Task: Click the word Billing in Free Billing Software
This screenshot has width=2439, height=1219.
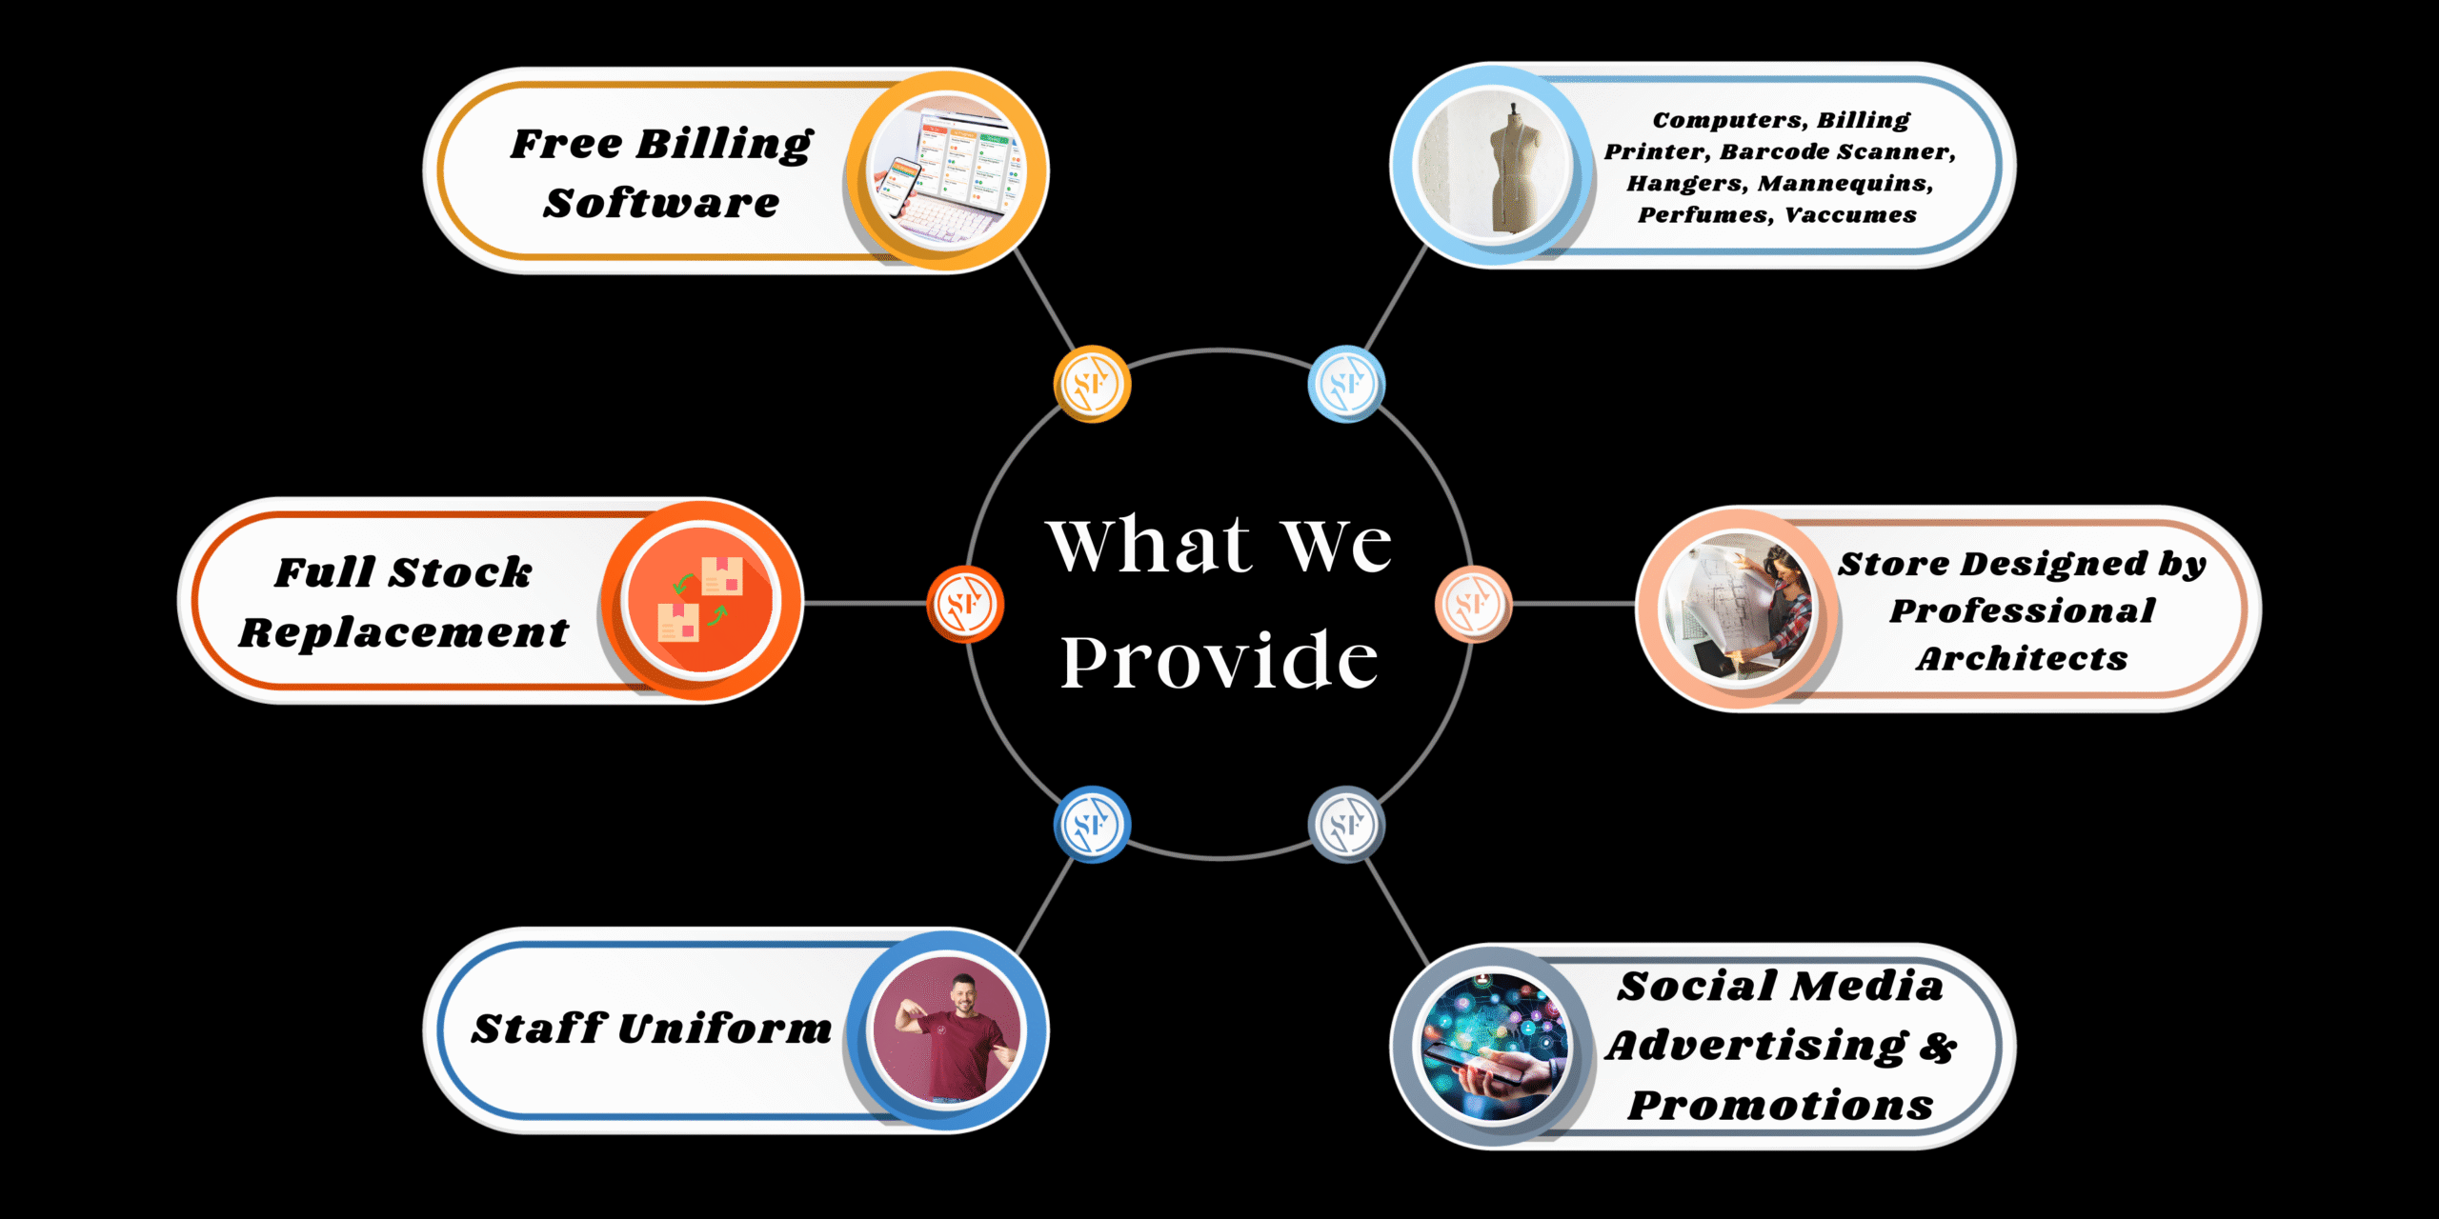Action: tap(724, 145)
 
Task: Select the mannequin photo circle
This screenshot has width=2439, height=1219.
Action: tap(1492, 164)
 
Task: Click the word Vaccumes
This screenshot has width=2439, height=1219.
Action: tap(1850, 215)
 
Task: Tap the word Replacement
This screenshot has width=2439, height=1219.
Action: tap(404, 632)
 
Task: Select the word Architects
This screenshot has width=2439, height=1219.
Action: tap(2022, 658)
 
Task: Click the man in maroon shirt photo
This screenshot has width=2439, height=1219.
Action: tap(947, 1031)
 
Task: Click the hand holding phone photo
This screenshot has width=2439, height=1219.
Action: tap(1492, 1046)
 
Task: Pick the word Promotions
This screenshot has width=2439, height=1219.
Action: tap(1781, 1106)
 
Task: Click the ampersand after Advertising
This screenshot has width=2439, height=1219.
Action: tap(1938, 1047)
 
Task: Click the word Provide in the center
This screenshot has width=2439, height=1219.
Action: tap(1219, 660)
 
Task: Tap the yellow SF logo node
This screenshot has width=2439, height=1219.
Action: tap(1092, 384)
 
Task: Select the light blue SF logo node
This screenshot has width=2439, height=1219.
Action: tap(1346, 384)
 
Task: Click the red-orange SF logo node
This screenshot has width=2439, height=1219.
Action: tap(965, 604)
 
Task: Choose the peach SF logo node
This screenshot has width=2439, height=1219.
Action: tap(1473, 604)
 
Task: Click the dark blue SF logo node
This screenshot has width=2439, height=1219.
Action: tap(1092, 824)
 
